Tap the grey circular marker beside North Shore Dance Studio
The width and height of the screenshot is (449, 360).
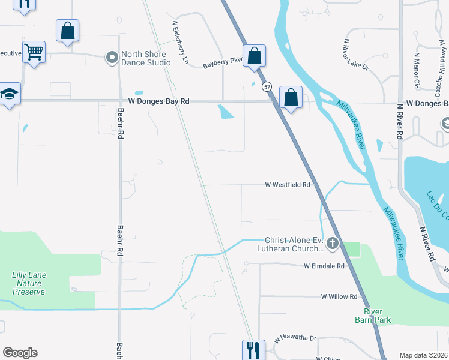coord(112,58)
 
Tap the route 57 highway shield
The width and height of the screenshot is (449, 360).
coord(267,87)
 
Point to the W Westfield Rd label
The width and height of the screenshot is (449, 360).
coord(288,185)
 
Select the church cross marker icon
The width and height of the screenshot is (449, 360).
coord(332,244)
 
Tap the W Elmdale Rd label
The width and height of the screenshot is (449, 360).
coord(324,266)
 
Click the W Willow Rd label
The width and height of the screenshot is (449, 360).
coord(339,296)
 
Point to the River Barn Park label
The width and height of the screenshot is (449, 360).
coord(377,316)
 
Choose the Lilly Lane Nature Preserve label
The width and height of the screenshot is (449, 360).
coord(29,283)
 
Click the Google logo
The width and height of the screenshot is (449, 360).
coord(20,353)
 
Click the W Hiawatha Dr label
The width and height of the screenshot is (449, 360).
coord(295,338)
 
